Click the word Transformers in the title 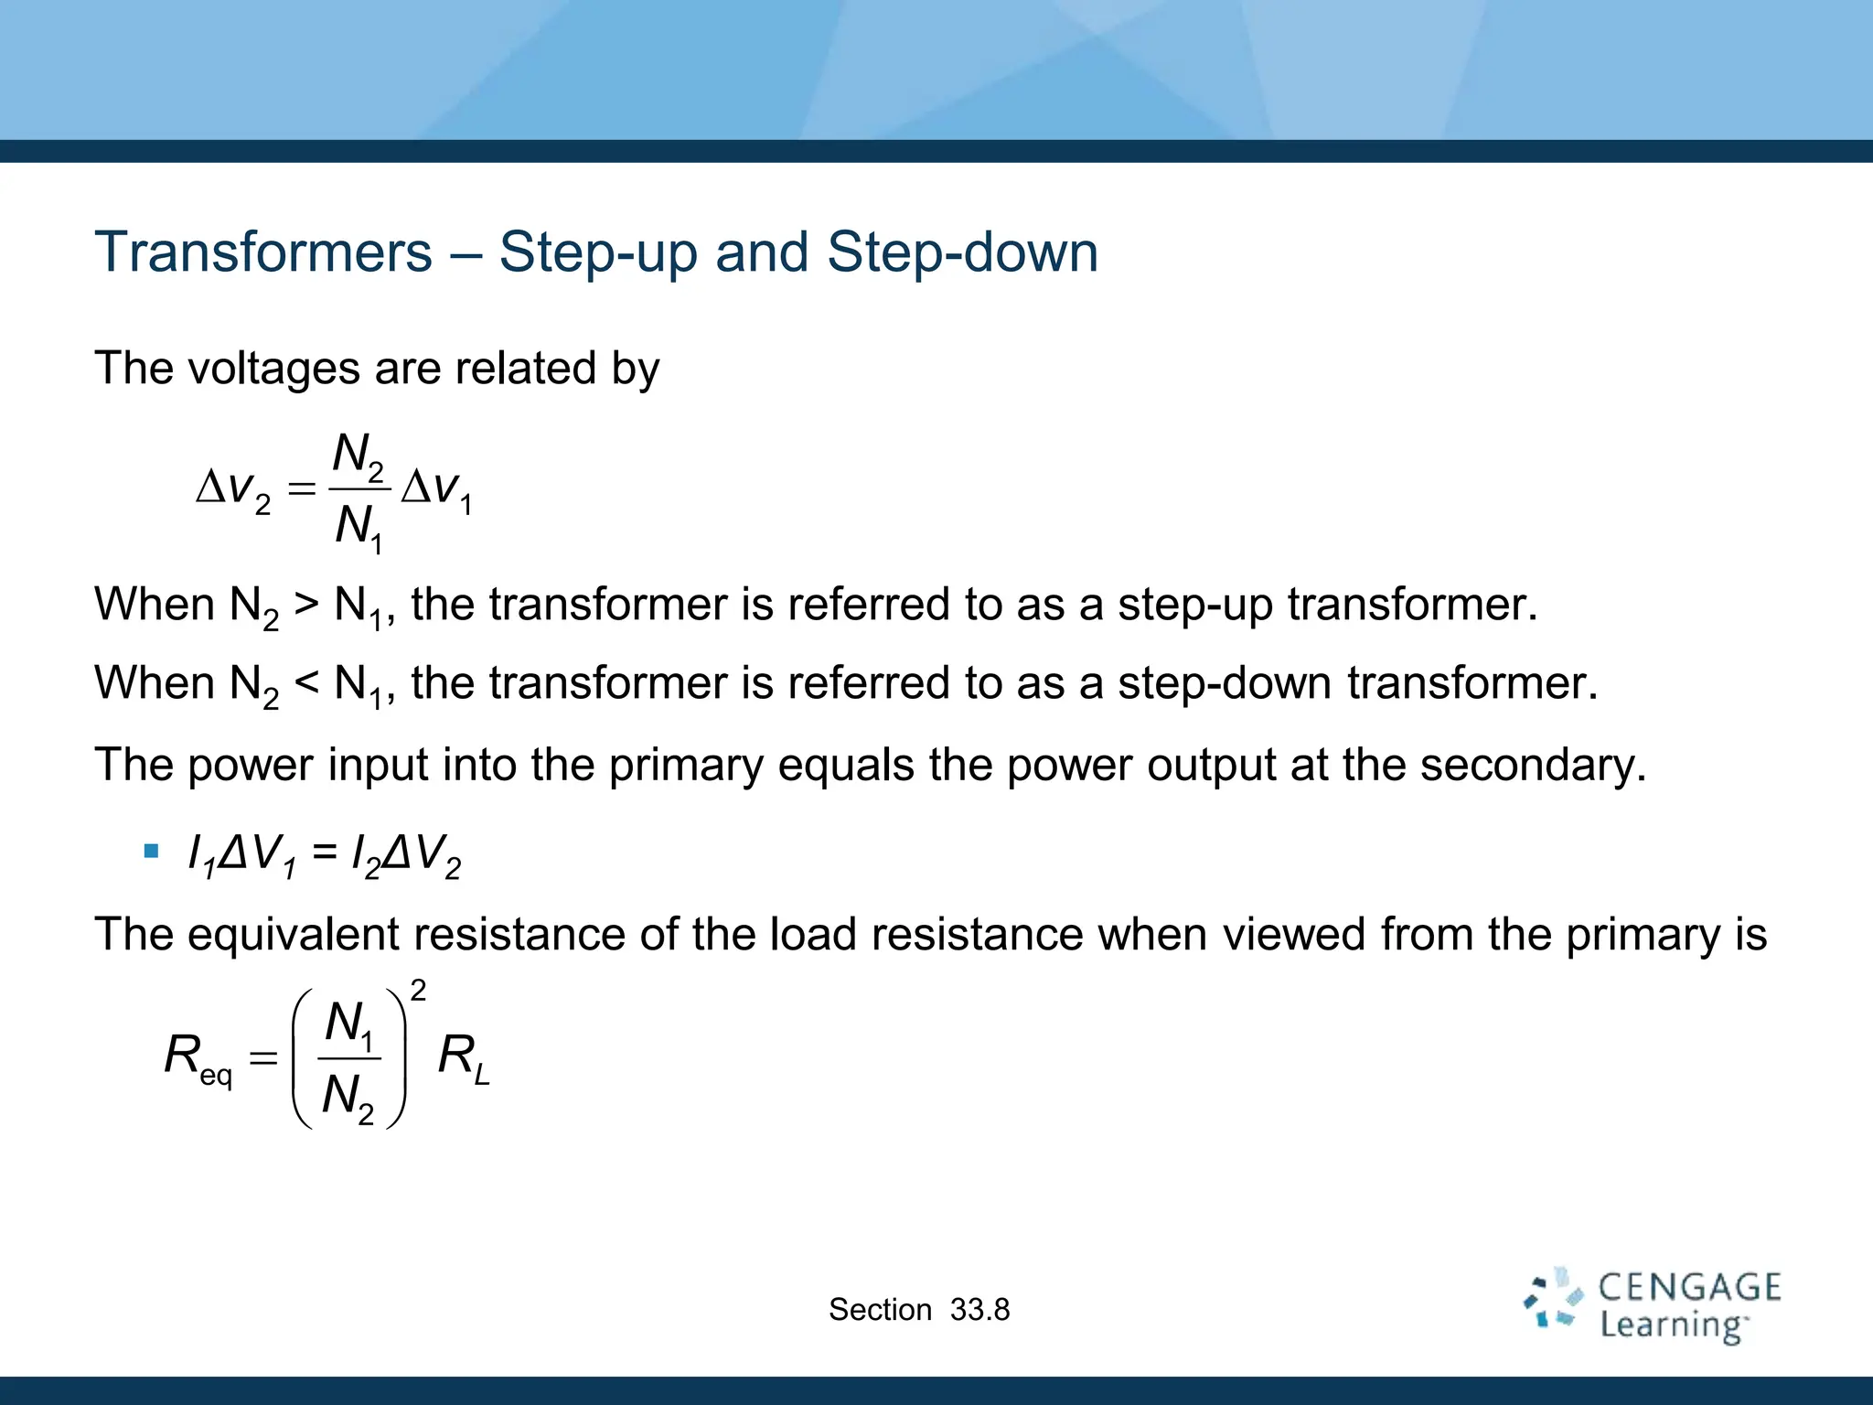(x=263, y=252)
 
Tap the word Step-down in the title (x=962, y=253)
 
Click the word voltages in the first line (x=274, y=369)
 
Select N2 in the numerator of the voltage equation (x=358, y=455)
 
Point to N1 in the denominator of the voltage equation (x=358, y=529)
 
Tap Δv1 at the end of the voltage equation (x=437, y=489)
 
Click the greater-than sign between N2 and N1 (x=306, y=605)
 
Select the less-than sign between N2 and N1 (x=306, y=683)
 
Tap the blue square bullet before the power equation (x=152, y=853)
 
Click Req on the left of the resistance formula (x=198, y=1058)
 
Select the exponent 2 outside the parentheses (x=418, y=991)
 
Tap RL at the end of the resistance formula (x=464, y=1058)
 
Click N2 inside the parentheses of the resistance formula (x=348, y=1097)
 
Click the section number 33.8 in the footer (x=979, y=1310)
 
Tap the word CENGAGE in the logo (x=1689, y=1288)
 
